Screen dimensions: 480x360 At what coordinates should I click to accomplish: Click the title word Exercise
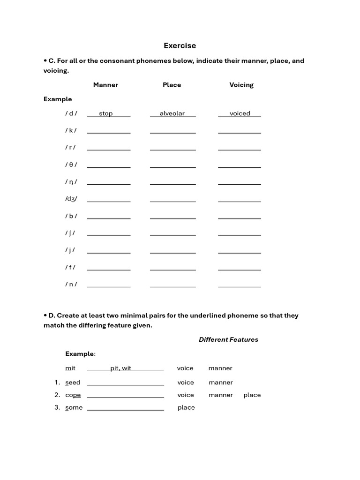click(x=180, y=45)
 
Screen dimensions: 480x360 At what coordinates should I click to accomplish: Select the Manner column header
click(x=105, y=85)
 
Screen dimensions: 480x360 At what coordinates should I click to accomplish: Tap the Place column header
click(x=172, y=85)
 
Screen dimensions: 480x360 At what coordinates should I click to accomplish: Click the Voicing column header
click(x=241, y=85)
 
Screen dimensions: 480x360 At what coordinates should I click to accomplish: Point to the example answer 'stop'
click(x=106, y=113)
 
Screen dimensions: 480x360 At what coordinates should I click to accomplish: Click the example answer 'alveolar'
click(x=172, y=113)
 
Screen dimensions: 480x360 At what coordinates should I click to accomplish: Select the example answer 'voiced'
click(x=240, y=113)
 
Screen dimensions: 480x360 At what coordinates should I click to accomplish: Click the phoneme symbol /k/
click(x=71, y=130)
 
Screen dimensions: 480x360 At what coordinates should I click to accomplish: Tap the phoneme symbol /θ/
click(x=71, y=165)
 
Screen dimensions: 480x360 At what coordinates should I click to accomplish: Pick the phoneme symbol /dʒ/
click(x=71, y=199)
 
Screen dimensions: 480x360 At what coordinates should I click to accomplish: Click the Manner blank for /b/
click(x=109, y=217)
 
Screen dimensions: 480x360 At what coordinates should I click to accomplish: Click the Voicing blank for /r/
click(x=240, y=149)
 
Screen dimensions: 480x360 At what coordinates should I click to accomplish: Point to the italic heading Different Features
click(x=228, y=339)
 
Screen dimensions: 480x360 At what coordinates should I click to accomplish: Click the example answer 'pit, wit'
click(x=121, y=368)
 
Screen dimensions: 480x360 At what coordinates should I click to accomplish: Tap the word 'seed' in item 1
click(x=73, y=382)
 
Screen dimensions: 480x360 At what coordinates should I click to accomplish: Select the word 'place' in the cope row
click(x=252, y=395)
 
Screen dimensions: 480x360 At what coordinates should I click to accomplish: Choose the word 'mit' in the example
click(x=70, y=368)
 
